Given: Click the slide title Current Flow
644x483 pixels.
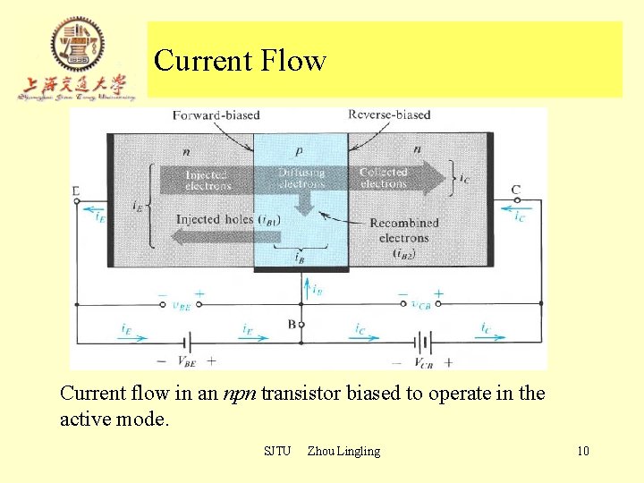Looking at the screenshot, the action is click(240, 61).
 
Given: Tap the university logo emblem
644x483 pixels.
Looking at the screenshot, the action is click(77, 45).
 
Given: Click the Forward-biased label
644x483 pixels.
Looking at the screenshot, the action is click(204, 114).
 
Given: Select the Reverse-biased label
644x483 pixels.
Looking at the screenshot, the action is click(388, 114).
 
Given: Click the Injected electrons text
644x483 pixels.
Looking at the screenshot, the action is click(208, 180).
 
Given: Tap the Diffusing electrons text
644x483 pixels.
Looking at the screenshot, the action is click(301, 177).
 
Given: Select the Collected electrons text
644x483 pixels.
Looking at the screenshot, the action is click(384, 177).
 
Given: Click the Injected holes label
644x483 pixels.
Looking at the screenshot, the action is click(216, 219).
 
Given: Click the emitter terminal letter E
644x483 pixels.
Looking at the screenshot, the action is click(76, 190).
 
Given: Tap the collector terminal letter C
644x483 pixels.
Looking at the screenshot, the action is click(516, 190).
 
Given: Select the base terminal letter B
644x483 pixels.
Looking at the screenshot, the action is click(292, 325).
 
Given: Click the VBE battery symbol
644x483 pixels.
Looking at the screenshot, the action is click(186, 341).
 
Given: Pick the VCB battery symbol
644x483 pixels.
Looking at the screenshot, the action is click(423, 341).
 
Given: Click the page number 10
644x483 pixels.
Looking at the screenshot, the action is click(582, 451).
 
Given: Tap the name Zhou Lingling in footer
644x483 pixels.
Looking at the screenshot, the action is click(343, 451).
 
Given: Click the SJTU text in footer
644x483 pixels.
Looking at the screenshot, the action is click(277, 451).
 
